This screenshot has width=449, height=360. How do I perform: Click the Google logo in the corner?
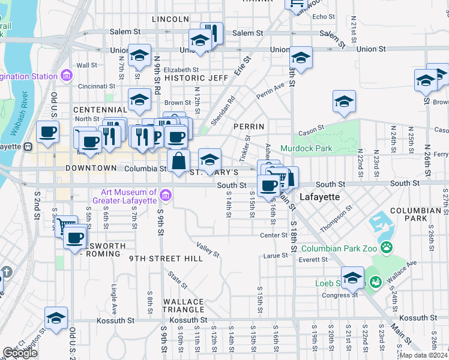pyautogui.click(x=20, y=353)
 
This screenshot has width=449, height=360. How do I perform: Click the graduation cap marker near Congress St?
pyautogui.click(x=352, y=277)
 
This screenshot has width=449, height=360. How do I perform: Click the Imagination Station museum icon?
pyautogui.click(x=66, y=76)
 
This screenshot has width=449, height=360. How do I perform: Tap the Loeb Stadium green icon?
pyautogui.click(x=376, y=281)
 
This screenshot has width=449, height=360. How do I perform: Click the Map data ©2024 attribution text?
pyautogui.click(x=423, y=355)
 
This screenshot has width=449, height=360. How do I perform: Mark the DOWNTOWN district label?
pyautogui.click(x=91, y=168)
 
